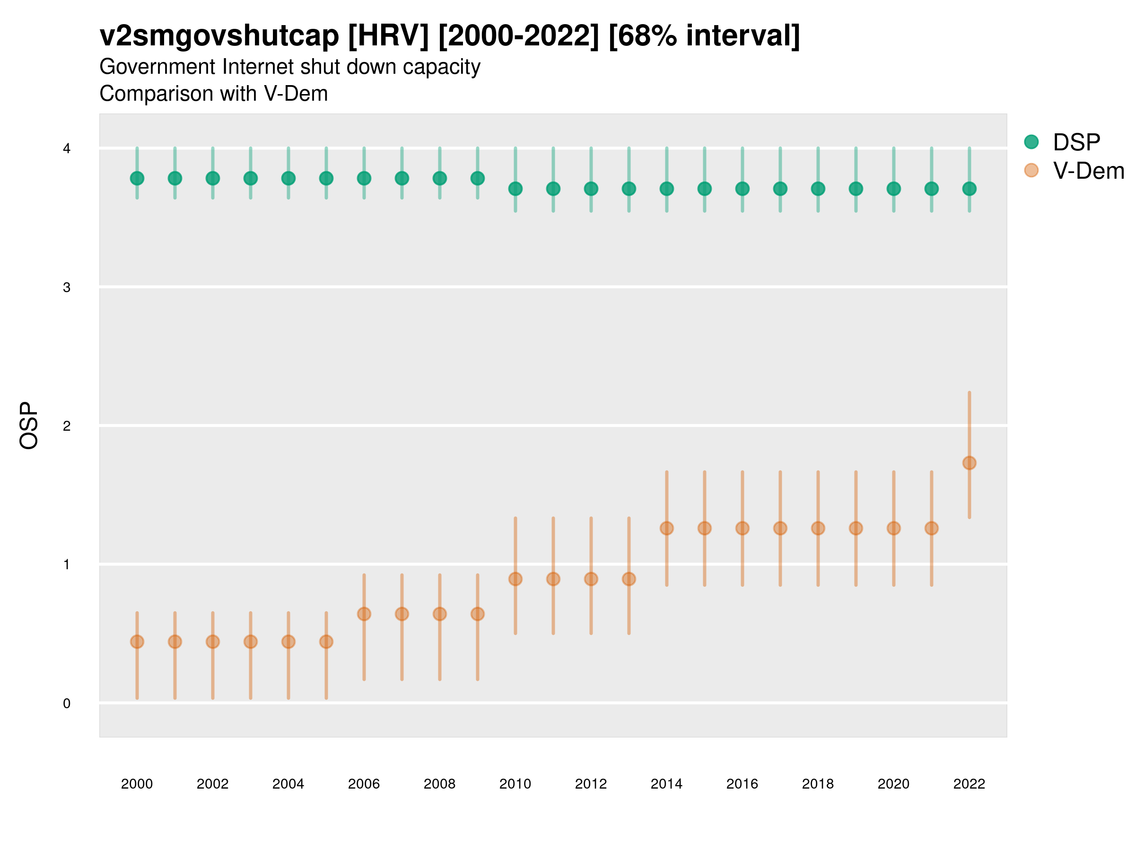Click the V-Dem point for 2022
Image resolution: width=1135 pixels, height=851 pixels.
[x=969, y=463]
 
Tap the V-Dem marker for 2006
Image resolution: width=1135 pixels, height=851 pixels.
[x=364, y=614]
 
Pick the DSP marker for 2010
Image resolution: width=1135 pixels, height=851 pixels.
[x=515, y=189]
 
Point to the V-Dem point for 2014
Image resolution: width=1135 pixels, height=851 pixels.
[x=666, y=529]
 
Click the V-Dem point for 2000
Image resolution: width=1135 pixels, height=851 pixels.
[x=137, y=642]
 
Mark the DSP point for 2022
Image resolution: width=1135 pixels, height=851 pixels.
[x=969, y=189]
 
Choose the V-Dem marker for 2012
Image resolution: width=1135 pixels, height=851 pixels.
[x=591, y=579]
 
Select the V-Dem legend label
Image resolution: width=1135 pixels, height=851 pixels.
[x=1088, y=171]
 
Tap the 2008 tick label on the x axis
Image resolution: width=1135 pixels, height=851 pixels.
[x=439, y=784]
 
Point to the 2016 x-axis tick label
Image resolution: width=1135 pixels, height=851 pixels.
[x=742, y=784]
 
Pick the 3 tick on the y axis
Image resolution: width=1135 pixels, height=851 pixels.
[x=67, y=287]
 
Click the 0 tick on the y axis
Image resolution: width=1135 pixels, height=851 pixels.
[x=67, y=703]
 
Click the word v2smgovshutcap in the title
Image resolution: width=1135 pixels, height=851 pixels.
[x=219, y=36]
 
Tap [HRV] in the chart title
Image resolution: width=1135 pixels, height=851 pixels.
[x=388, y=36]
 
